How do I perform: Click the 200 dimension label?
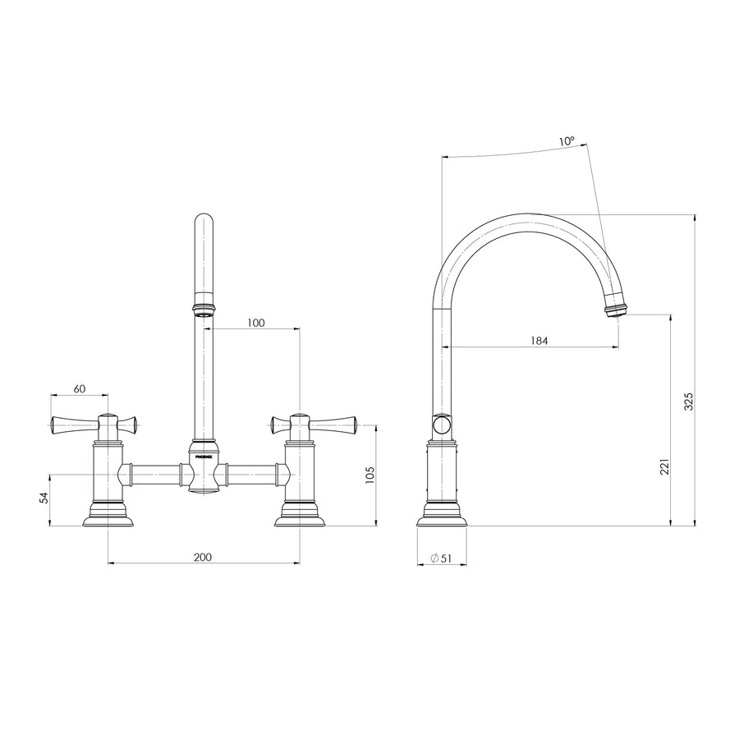[203, 557]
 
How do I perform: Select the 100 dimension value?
[255, 323]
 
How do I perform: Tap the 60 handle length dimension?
[80, 388]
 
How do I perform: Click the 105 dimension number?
[369, 475]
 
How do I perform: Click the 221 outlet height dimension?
[664, 466]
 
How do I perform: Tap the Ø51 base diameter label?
[441, 558]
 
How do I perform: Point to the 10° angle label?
[567, 141]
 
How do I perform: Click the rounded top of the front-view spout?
[204, 222]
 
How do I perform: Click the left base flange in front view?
[108, 518]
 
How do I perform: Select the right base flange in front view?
[299, 518]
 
